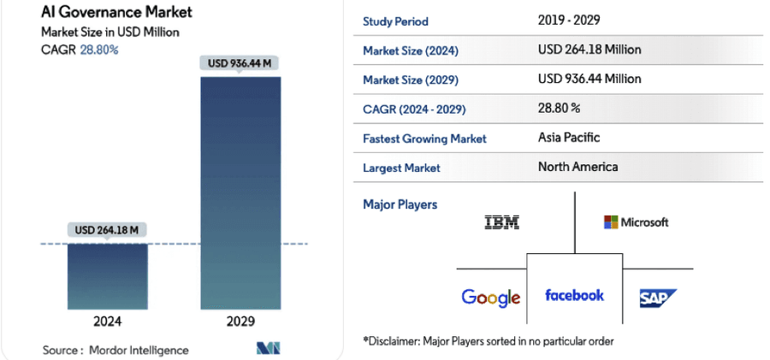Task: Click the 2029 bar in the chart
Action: pos(240,192)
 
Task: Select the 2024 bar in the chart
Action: pos(108,275)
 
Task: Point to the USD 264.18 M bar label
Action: pos(108,230)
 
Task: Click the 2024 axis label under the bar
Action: pos(108,322)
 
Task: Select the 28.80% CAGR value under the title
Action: pos(100,50)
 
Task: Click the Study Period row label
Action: pos(395,21)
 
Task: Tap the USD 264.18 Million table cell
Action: pos(589,50)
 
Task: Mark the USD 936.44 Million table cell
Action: pos(589,79)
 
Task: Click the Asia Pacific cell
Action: pos(569,137)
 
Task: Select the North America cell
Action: pos(577,167)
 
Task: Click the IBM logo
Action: pos(501,222)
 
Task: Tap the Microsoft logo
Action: pos(636,222)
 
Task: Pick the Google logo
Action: pos(490,297)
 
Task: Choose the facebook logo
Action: pos(574,295)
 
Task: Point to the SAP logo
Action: pos(658,298)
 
